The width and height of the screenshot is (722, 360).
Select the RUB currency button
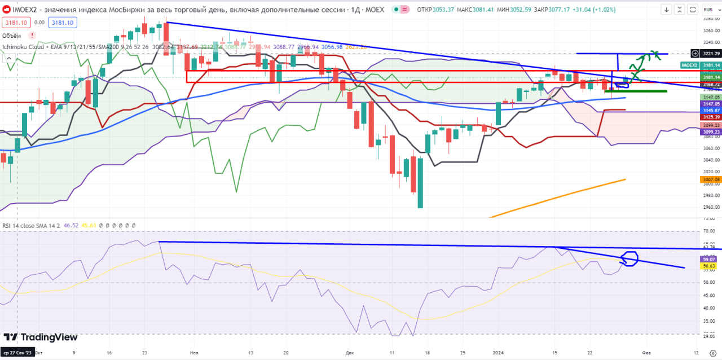(708, 10)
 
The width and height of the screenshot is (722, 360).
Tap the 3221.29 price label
(711, 53)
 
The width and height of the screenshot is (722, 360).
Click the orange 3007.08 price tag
(711, 179)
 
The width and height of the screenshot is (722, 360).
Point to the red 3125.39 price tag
(711, 117)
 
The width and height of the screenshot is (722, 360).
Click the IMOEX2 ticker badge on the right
(689, 66)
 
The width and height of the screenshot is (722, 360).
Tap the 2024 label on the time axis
(499, 352)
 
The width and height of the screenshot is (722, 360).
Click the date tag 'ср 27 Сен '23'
(17, 352)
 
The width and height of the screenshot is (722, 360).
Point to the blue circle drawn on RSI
(628, 259)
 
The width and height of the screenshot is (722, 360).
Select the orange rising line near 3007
(558, 197)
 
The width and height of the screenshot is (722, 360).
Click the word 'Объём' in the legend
(12, 36)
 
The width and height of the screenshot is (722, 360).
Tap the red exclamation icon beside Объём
(32, 36)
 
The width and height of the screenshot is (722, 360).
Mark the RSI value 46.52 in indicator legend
(72, 225)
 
